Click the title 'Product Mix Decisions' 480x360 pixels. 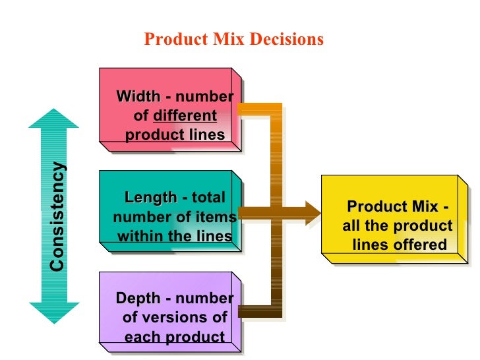(234, 40)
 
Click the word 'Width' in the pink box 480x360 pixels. (138, 97)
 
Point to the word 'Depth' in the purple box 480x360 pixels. (138, 298)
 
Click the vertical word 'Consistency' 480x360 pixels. (58, 216)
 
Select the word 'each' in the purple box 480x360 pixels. (140, 338)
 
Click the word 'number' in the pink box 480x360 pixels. (205, 97)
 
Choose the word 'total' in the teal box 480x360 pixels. (208, 198)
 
